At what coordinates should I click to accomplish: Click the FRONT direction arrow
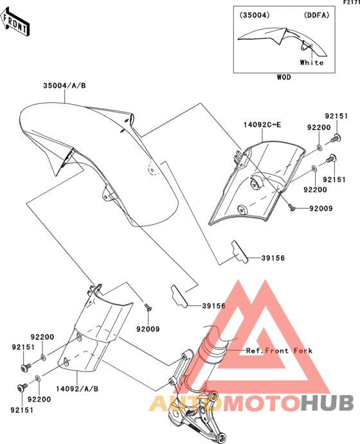point(15,22)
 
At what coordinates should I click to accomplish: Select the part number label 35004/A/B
point(64,85)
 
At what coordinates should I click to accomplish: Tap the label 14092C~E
point(262,125)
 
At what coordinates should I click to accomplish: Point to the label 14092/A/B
point(77,389)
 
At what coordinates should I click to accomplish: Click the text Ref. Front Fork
point(279,351)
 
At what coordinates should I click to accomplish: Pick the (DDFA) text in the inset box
point(317,15)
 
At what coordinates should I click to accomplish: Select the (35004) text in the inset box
point(255,15)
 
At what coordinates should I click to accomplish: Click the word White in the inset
point(312,62)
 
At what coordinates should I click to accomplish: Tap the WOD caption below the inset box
point(283,77)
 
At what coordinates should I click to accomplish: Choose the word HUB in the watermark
point(327,403)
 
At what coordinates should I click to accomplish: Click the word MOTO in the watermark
point(262,403)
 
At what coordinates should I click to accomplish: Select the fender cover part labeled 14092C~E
point(256,184)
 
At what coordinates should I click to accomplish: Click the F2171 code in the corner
point(352,3)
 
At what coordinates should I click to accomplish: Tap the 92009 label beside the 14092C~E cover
point(321,209)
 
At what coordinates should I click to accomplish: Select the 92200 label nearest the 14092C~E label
point(319,128)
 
